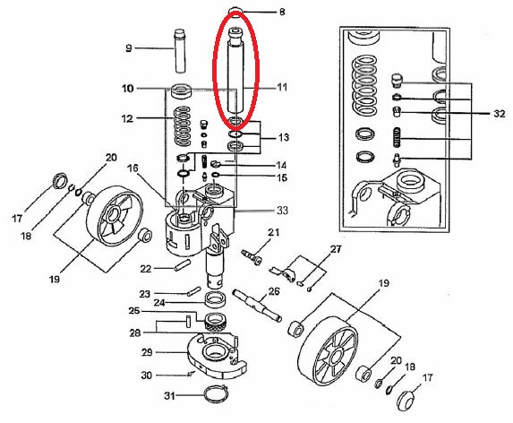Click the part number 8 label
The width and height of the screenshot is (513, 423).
[x=282, y=13]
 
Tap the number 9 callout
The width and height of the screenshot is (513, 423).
[x=129, y=48]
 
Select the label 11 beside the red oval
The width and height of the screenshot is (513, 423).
[x=282, y=88]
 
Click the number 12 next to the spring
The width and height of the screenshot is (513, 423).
[x=128, y=118]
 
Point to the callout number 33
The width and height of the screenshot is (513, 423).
[x=282, y=211]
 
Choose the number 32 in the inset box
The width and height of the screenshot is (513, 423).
[x=500, y=114]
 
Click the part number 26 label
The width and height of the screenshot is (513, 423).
[x=274, y=290]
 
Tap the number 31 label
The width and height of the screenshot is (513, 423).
[x=169, y=396]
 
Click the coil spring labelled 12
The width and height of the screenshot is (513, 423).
[x=183, y=126]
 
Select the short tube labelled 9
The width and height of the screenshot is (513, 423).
[x=180, y=51]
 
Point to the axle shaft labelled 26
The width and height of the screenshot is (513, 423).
[x=257, y=305]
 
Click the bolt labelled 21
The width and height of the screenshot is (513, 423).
[x=252, y=256]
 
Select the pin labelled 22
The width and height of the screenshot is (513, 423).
[x=183, y=265]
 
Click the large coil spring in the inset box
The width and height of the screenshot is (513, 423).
[x=363, y=87]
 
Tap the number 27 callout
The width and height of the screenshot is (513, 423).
[x=336, y=249]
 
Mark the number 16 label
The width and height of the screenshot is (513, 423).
[x=133, y=168]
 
